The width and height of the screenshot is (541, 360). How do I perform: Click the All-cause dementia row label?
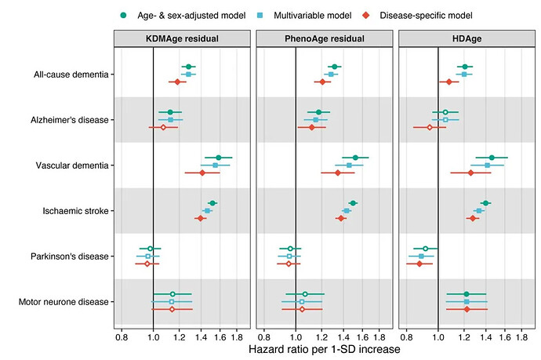pyautogui.click(x=72, y=75)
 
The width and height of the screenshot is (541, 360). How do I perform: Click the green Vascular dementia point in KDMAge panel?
pyautogui.click(x=219, y=158)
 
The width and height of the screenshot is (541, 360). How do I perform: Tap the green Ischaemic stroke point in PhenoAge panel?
pyautogui.click(x=353, y=203)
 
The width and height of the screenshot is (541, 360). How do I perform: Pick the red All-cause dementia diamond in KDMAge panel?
pyautogui.click(x=176, y=82)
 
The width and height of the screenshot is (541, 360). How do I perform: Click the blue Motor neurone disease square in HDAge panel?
pyautogui.click(x=467, y=301)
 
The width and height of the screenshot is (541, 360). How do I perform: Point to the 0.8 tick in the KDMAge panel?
pyautogui.click(x=122, y=336)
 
